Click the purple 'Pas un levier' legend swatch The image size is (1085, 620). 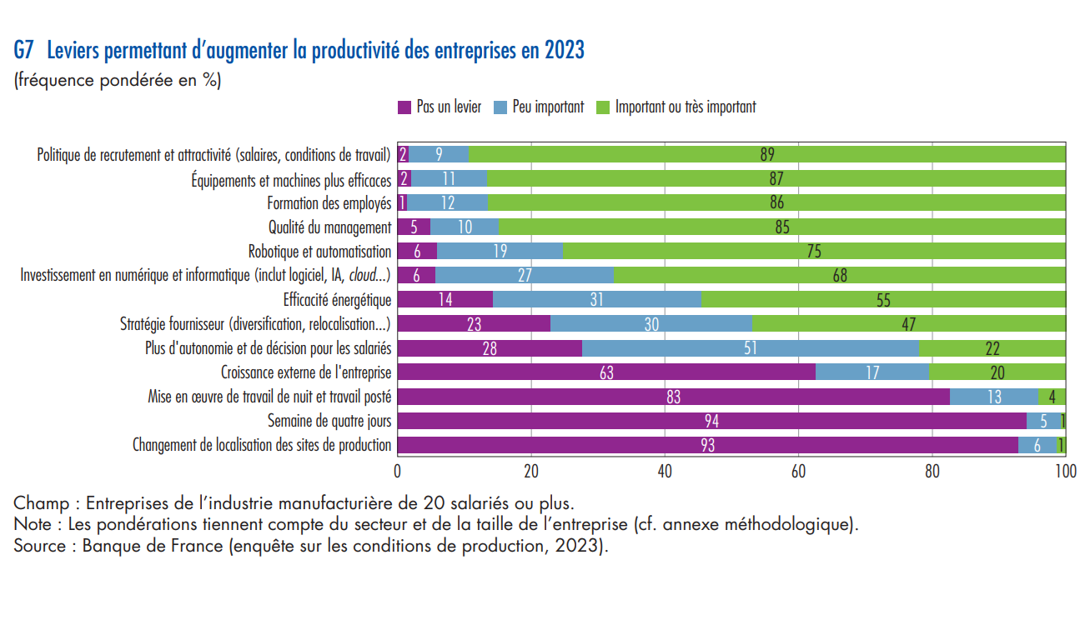coord(404,107)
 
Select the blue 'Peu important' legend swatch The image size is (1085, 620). coord(500,107)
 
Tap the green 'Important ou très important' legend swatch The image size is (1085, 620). coord(603,107)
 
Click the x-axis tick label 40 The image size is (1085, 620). coord(665,471)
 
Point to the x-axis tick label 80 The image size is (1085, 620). coord(932,471)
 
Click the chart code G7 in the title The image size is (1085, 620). coord(23,50)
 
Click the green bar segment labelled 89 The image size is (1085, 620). coord(766,154)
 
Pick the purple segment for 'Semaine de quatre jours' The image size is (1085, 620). coord(711,421)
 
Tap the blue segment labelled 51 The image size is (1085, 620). coord(751,348)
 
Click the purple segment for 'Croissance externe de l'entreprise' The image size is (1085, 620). coord(606,372)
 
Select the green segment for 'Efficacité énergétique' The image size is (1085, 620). coord(883,300)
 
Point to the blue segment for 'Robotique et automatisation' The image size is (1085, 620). coord(500,251)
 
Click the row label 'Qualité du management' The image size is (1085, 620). coord(330,227)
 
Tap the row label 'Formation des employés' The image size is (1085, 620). coord(329,203)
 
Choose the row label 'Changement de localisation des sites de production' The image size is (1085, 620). coord(262,445)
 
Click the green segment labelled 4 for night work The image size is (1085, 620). coord(1052,397)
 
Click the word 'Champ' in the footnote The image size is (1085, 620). coord(42,504)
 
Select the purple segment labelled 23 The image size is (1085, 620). coord(474,324)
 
